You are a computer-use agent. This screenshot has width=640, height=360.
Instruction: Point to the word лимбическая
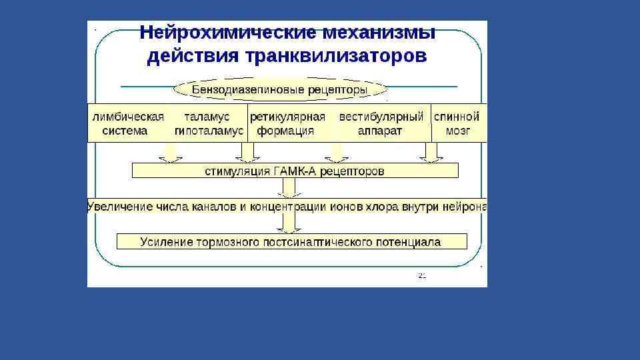(128, 117)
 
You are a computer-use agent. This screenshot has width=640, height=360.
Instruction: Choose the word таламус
(207, 117)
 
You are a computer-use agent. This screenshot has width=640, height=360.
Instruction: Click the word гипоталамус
(209, 131)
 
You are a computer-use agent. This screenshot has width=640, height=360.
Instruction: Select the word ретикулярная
(287, 117)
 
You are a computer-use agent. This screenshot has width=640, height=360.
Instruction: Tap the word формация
(285, 131)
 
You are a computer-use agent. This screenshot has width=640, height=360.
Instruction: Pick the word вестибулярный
(381, 117)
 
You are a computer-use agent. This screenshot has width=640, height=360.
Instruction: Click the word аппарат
(379, 131)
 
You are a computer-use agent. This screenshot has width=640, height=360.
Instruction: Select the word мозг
(457, 131)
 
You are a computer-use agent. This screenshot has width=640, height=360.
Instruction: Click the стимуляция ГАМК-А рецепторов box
(295, 171)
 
